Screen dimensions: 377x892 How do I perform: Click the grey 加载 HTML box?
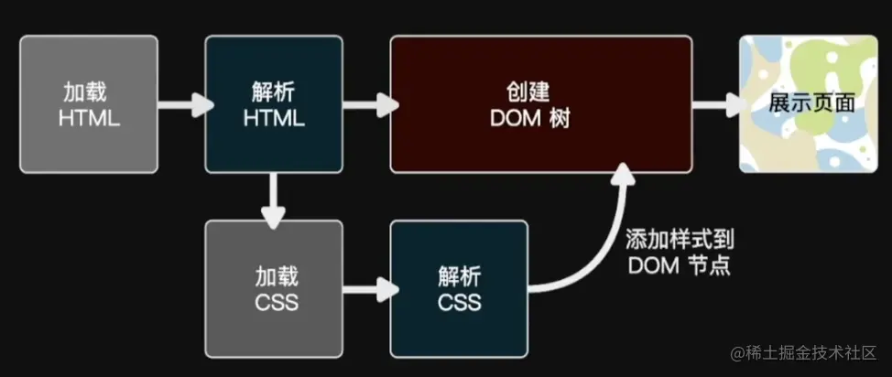tap(88, 104)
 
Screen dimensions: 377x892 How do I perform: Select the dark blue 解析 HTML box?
tap(274, 104)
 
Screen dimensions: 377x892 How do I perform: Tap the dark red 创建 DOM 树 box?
tap(540, 104)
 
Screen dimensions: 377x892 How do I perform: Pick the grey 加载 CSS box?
tap(274, 288)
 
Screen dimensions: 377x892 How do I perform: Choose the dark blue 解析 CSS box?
tap(459, 288)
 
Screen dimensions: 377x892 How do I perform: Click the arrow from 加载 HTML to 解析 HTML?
tap(182, 104)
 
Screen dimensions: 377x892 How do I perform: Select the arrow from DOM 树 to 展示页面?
tap(716, 104)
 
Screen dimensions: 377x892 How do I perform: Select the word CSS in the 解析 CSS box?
tap(459, 302)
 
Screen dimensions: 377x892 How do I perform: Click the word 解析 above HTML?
tap(274, 92)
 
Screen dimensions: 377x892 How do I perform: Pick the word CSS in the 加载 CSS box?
tap(274, 302)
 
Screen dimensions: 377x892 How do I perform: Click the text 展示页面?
tap(811, 103)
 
